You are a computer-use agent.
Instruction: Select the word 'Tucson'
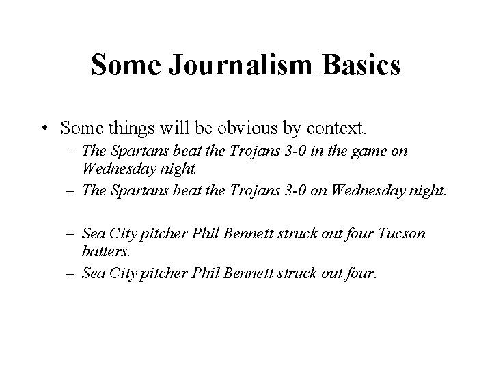point(401,234)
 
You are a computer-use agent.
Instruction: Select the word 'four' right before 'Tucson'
point(358,234)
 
